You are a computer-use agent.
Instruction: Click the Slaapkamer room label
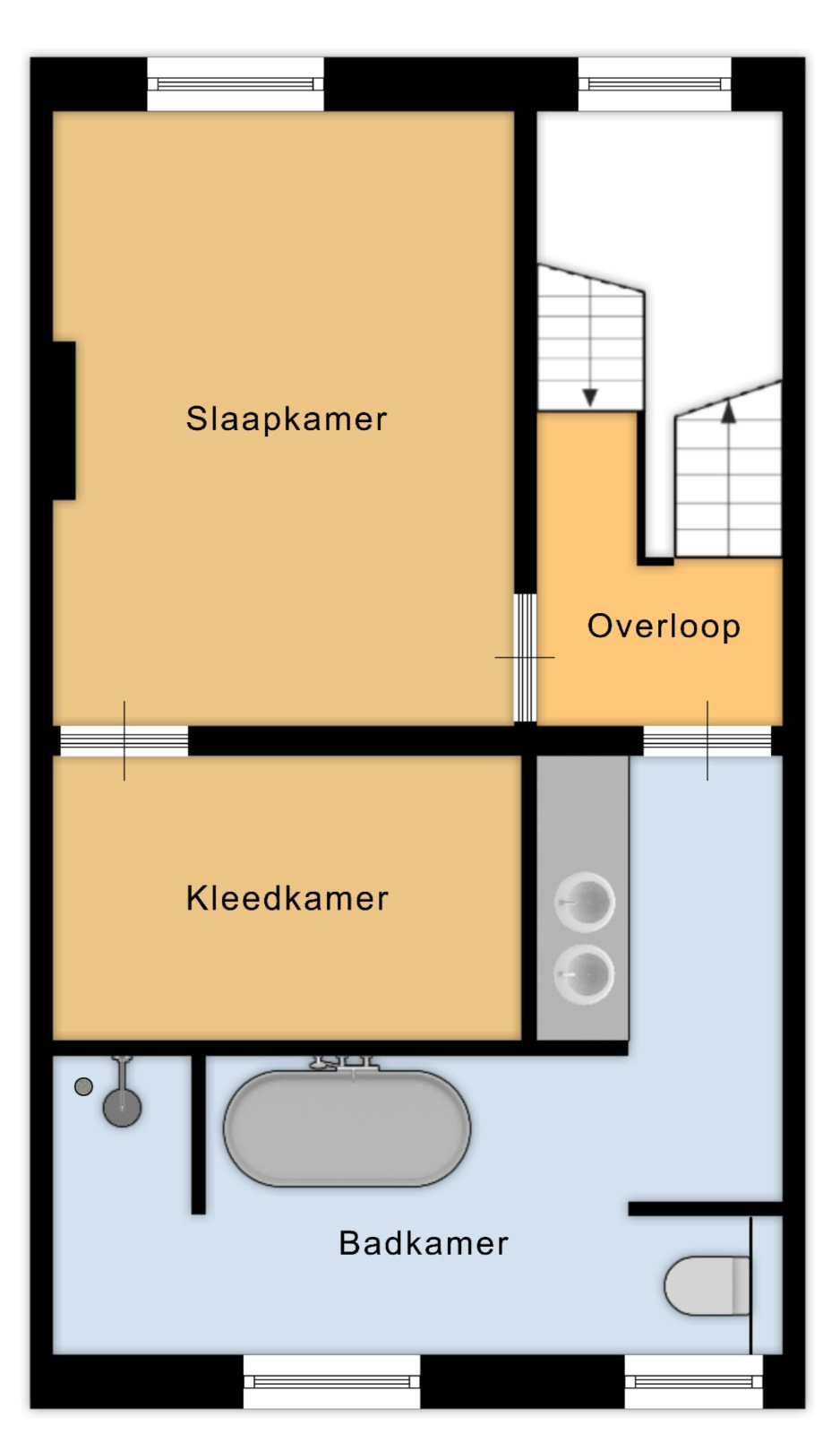pos(287,419)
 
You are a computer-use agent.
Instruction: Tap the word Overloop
pos(664,627)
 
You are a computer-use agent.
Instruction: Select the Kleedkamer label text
pos(287,898)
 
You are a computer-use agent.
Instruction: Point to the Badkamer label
pos(424,1243)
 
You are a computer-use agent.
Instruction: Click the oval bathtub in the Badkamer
pos(347,1128)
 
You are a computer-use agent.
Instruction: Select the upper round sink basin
pos(584,902)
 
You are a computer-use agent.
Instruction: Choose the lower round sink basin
pos(584,974)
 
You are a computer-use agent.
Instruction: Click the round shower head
pos(123,1107)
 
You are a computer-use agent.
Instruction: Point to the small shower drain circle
pos(83,1086)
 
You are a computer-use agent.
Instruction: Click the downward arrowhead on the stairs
pos(590,397)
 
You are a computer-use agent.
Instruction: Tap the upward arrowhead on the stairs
pos(729,412)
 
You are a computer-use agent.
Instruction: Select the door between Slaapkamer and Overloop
pos(525,657)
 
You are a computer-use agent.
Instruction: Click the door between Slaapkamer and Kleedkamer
pos(124,741)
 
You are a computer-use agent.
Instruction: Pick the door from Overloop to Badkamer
pos(707,741)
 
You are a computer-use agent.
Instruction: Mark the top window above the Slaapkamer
pos(236,83)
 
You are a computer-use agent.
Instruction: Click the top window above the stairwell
pos(655,83)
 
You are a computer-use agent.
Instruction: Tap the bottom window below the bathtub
pos(331,1382)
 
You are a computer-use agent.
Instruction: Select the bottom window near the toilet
pos(694,1382)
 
